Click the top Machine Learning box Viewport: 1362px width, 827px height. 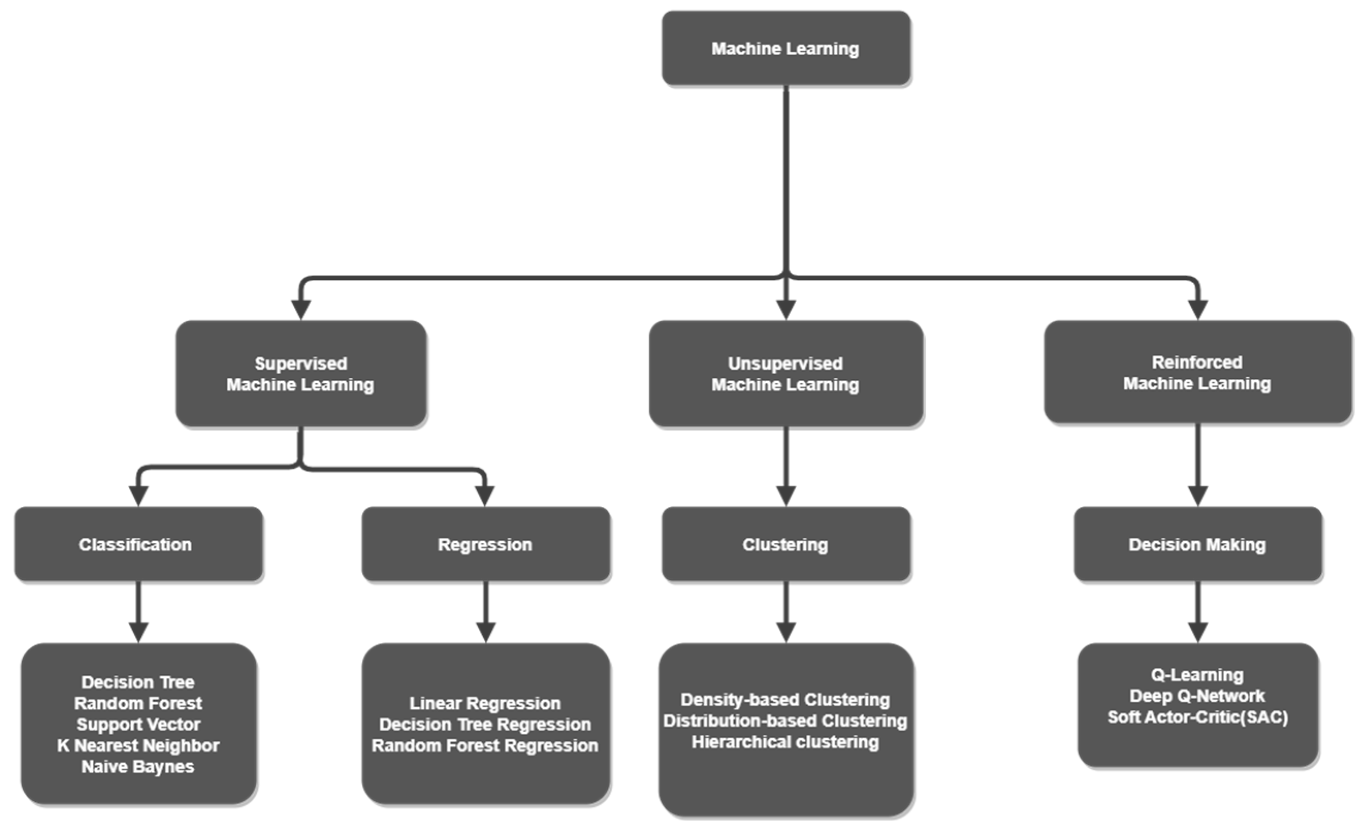tap(785, 48)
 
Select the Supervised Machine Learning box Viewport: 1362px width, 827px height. tap(300, 374)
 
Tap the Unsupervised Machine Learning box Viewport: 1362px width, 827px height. tap(785, 374)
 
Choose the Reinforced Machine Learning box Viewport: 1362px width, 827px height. tap(1197, 373)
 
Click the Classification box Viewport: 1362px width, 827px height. tap(138, 544)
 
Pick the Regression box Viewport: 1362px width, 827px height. tap(485, 544)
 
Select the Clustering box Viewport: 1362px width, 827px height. tap(785, 544)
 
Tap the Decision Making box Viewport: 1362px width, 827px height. tap(1197, 544)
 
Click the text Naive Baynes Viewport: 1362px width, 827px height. tap(138, 767)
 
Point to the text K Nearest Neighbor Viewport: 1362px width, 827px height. tap(138, 746)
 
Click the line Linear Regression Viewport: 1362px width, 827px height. tap(485, 703)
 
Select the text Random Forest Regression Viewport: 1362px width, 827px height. tap(485, 746)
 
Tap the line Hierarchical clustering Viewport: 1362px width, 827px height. tap(785, 742)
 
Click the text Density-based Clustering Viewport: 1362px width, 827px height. tap(785, 700)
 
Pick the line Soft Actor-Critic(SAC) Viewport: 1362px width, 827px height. tap(1198, 717)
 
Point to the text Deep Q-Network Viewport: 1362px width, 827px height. tap(1197, 696)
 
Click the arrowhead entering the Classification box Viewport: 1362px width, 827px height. tap(138, 495)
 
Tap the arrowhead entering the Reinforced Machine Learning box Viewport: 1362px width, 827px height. tap(1197, 310)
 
